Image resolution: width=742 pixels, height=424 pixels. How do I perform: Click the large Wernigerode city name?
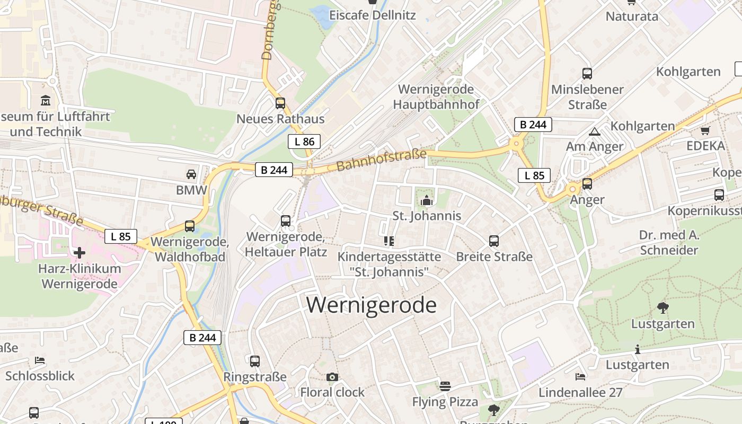tap(372, 305)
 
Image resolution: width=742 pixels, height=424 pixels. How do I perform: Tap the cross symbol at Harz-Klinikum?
tap(79, 252)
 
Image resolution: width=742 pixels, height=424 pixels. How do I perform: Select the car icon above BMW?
tap(191, 174)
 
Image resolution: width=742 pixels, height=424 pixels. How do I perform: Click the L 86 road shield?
tap(304, 142)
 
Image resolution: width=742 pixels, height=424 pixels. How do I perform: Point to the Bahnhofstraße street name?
tap(381, 160)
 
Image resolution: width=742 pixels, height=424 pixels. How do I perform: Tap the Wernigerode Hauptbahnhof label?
tap(436, 97)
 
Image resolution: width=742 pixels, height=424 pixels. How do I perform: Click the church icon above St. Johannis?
tap(426, 200)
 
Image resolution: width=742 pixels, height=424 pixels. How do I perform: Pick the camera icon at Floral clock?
tap(332, 377)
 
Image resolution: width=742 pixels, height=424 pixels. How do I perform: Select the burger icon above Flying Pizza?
tap(445, 386)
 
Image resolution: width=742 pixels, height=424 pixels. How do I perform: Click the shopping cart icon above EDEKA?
tap(705, 130)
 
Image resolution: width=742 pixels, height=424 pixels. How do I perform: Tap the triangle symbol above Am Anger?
tap(594, 131)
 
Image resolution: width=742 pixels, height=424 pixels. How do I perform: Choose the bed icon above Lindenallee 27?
tap(580, 377)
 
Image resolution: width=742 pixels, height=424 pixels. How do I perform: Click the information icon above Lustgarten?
tap(637, 349)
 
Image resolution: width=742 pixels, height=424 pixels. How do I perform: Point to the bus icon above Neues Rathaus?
tap(280, 103)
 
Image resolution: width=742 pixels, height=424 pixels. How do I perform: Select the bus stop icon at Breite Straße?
tap(494, 241)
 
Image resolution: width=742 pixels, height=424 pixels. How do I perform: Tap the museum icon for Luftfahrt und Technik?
tap(46, 100)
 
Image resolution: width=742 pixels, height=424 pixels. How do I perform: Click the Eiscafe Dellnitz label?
tap(373, 15)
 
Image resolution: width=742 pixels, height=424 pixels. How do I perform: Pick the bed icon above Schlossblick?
tap(40, 360)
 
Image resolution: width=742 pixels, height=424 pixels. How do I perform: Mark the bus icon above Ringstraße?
tap(255, 361)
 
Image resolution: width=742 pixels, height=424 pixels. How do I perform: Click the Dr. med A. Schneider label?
tap(669, 242)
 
